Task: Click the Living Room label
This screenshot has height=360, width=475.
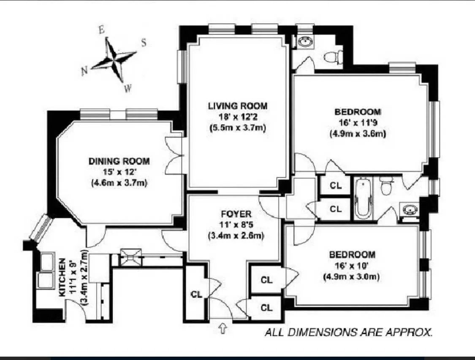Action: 237,106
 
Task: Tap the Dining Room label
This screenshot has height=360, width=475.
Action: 119,161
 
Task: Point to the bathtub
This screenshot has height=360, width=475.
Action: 363,198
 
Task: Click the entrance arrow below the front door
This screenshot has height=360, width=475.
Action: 223,328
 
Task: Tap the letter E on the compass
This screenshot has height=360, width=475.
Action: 101,30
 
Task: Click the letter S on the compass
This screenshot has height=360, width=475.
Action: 144,42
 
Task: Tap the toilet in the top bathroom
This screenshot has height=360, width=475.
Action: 334,57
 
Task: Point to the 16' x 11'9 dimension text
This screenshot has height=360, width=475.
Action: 358,123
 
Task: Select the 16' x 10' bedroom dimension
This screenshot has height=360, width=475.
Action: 352,266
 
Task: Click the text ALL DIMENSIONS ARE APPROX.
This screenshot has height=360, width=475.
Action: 348,332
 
